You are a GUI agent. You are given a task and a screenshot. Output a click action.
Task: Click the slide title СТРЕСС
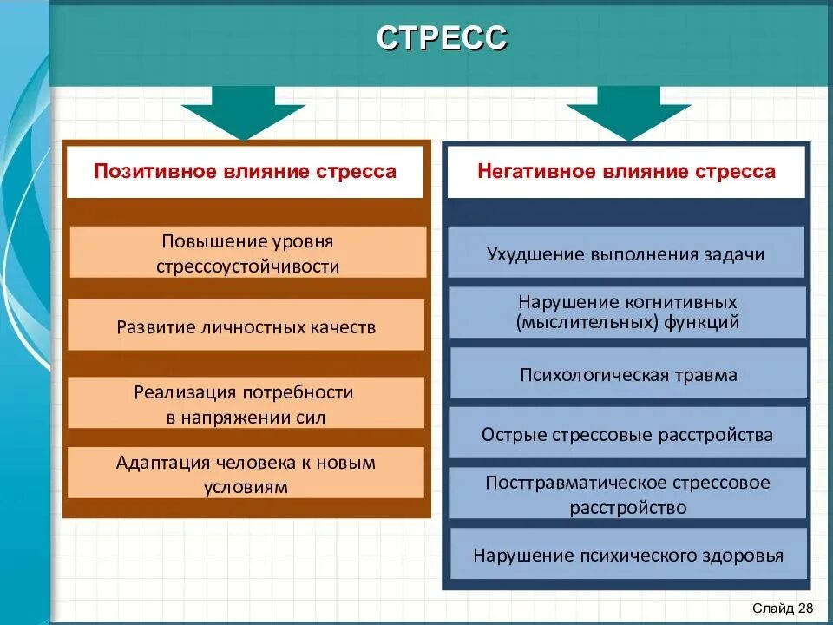(x=442, y=39)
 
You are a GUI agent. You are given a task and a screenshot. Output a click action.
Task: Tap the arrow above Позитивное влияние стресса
(x=243, y=112)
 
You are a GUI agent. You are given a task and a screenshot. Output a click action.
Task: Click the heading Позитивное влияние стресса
(x=245, y=171)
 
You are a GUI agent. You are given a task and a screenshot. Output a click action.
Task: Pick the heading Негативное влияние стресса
(x=626, y=171)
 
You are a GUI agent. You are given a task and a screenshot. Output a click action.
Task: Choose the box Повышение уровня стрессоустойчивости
(x=247, y=253)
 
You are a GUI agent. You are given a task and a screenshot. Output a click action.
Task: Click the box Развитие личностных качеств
(x=246, y=326)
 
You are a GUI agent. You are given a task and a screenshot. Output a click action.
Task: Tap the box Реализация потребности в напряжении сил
(x=246, y=404)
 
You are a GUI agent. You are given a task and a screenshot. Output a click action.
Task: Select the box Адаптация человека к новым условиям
(x=246, y=474)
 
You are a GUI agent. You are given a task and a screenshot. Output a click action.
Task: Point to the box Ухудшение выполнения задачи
(x=626, y=253)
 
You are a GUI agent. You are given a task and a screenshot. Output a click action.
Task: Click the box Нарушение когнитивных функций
(x=627, y=312)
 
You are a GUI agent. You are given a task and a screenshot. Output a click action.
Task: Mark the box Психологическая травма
(x=627, y=374)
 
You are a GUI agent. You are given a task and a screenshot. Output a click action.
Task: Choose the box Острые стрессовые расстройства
(x=627, y=434)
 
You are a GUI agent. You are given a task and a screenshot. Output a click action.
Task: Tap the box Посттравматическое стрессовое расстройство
(x=627, y=494)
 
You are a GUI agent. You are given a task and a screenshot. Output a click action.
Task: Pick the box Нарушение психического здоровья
(x=627, y=555)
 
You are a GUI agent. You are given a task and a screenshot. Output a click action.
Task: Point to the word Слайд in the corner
(x=771, y=607)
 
